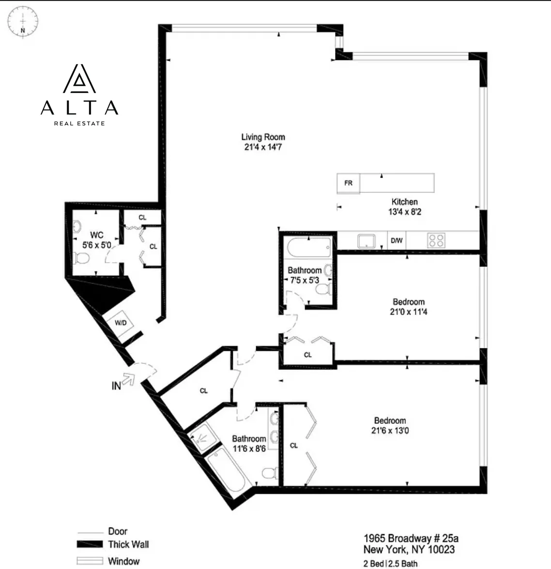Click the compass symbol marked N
point(23,21)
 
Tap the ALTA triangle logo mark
point(79,79)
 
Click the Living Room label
point(263,137)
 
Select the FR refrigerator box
point(348,183)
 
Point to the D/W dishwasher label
point(397,240)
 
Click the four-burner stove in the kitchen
point(436,240)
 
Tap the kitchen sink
point(367,240)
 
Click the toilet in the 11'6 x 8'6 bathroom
point(268,472)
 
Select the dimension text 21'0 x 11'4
point(409,312)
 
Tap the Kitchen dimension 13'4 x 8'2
point(404,212)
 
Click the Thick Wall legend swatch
point(90,544)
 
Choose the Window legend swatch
point(90,561)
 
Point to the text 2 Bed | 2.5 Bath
point(390,563)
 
